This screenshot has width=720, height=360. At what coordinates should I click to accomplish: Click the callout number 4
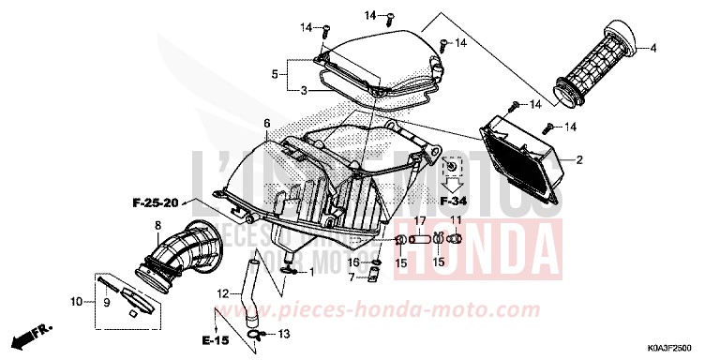(x=653, y=48)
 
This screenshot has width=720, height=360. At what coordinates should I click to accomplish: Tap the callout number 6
(x=266, y=124)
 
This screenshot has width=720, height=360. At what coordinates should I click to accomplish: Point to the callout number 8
(x=157, y=225)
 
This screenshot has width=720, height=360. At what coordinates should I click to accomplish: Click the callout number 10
(x=76, y=302)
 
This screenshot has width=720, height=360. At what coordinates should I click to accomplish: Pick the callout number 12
(x=223, y=293)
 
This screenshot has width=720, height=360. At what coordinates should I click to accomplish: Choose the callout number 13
(x=285, y=335)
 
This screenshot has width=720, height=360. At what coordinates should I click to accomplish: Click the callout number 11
(x=457, y=220)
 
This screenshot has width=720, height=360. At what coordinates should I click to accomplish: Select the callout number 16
(x=352, y=262)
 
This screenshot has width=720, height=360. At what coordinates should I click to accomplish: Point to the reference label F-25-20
(x=154, y=202)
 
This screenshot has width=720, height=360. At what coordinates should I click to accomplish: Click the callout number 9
(x=107, y=302)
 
